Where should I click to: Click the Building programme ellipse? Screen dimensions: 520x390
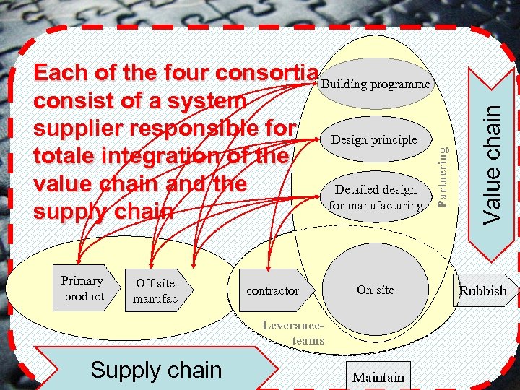376,85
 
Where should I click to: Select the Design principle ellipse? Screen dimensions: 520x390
374,139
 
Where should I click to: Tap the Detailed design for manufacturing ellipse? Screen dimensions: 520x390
376,197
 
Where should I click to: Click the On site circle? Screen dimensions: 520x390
376,290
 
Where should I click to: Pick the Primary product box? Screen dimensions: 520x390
84,289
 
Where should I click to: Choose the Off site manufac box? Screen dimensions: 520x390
155,291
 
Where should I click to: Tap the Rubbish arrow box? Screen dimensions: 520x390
483,291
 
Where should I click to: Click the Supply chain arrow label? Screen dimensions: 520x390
156,370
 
